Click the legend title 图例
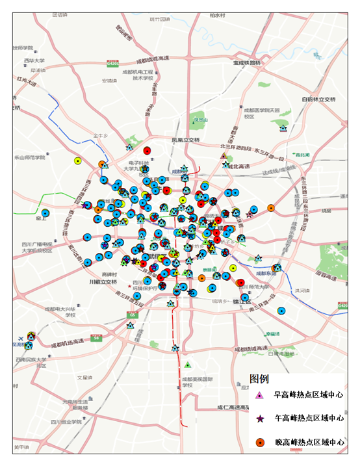tap(260, 378)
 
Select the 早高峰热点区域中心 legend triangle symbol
tap(259, 395)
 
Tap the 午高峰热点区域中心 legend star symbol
tap(259, 419)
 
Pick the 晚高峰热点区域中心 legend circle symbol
tap(259, 442)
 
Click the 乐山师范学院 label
tap(31, 157)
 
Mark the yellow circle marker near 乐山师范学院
tap(78, 160)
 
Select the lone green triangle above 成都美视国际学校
tap(188, 365)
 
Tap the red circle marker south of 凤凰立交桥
tap(147, 151)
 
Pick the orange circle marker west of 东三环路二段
tap(271, 208)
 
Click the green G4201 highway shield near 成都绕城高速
tap(113, 64)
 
